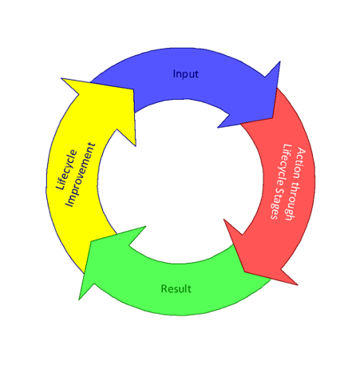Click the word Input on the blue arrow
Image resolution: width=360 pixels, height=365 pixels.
pyautogui.click(x=185, y=74)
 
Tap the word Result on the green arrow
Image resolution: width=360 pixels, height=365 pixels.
pyautogui.click(x=176, y=288)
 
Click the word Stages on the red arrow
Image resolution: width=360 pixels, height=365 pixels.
pyautogui.click(x=277, y=204)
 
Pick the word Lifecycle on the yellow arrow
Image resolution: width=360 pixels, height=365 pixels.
pyautogui.click(x=67, y=170)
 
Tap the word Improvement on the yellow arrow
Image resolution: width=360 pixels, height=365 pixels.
pyautogui.click(x=81, y=175)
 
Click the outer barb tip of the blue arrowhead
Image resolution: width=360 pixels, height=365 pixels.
pyautogui.click(x=280, y=61)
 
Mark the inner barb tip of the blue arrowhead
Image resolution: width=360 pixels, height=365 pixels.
pyautogui.click(x=218, y=128)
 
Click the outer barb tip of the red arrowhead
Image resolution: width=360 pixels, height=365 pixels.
pyautogui.click(x=297, y=284)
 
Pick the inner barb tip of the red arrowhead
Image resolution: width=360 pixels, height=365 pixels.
pyautogui.click(x=224, y=220)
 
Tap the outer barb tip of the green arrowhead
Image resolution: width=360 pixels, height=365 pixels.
pyautogui.click(x=79, y=300)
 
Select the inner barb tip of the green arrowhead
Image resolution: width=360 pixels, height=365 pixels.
pyautogui.click(x=145, y=227)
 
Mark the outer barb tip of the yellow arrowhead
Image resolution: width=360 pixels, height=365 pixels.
pyautogui.click(x=61, y=78)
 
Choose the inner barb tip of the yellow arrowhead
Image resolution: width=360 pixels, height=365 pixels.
pyautogui.click(x=136, y=145)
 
